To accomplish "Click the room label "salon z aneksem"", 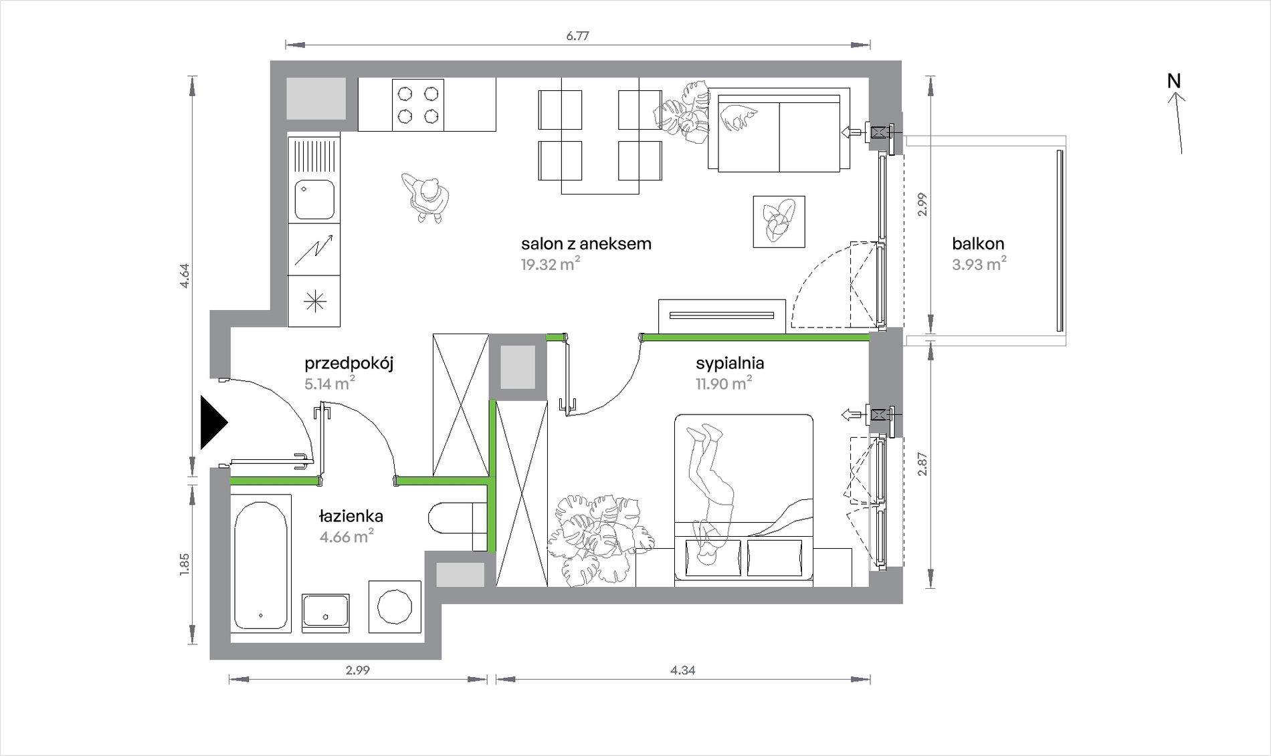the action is coord(586,244).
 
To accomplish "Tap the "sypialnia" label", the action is coord(730,364).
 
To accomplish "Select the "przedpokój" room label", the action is coord(349,364).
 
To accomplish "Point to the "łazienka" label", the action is coord(351,516).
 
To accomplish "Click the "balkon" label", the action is coord(979,244).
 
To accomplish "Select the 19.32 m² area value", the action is coord(551,264).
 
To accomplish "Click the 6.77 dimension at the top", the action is coord(577,36).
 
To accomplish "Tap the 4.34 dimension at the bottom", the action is coord(683,670).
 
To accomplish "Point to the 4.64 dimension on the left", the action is coord(185,276).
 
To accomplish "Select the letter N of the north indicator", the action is coord(1174,81).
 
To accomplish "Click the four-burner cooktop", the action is coord(418,104).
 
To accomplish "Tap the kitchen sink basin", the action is coord(314,199).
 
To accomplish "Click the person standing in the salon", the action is coord(426,198).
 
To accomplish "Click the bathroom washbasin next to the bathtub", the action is coord(325,613).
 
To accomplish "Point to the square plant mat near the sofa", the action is coord(779,221).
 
